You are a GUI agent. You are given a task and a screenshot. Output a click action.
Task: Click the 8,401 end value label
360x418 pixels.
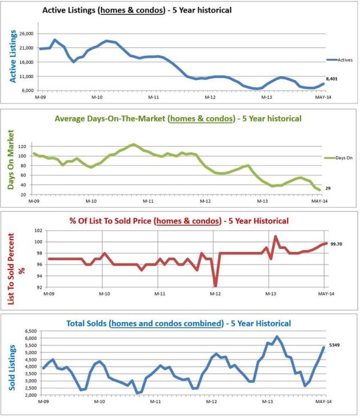point(331,79)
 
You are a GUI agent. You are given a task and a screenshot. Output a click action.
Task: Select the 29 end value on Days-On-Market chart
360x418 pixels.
point(329,188)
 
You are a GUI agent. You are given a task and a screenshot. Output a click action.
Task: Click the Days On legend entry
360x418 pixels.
point(342,158)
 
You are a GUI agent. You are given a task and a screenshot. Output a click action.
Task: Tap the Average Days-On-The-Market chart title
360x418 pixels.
point(178,119)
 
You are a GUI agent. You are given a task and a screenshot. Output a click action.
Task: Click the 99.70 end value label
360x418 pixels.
point(335,244)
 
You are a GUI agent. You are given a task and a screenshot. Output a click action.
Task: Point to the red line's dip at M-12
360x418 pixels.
point(215,286)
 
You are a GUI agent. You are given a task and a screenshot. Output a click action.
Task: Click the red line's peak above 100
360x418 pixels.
point(275,236)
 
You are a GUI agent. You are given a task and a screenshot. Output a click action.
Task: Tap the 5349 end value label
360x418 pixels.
point(335,345)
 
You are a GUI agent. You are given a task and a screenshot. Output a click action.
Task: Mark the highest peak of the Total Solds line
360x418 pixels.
point(277,336)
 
